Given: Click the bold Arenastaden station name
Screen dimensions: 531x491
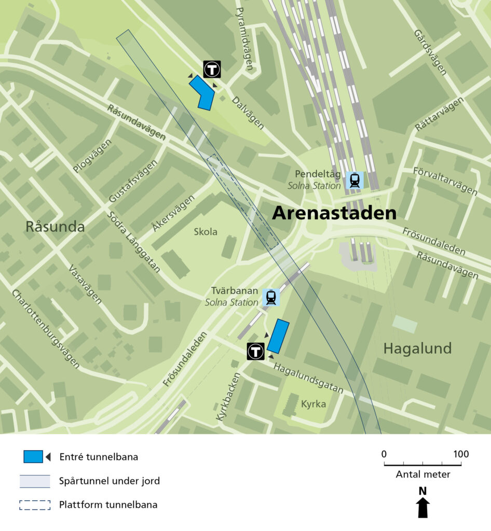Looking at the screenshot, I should pos(334,213).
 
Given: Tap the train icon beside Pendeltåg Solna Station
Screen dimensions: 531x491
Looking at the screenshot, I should pos(355,180).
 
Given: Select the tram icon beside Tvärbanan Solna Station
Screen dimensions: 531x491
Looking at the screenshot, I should pos(270,297).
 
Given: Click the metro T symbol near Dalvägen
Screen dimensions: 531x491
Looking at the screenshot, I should pos(212,69).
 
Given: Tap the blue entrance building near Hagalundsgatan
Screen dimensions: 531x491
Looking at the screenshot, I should pos(278,336).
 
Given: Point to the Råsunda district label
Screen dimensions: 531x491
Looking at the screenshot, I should pos(55,227).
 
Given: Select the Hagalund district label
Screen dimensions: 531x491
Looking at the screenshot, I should pos(417,348).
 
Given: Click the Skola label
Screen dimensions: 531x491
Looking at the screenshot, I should pos(206,232).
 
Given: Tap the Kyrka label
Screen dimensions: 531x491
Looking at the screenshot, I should pos(313,403).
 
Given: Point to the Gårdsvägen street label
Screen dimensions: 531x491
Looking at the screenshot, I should pos(430,52).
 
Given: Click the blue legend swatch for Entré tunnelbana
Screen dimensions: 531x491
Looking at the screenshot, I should pos(34,457).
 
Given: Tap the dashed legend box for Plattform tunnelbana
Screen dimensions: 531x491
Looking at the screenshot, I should pos(35,505).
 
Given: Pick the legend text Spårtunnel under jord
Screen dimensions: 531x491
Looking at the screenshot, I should pos(110,481).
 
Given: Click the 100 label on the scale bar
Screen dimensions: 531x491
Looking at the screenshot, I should pos(460,454).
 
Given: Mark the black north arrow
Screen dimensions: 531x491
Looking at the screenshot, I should pos(423,507).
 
